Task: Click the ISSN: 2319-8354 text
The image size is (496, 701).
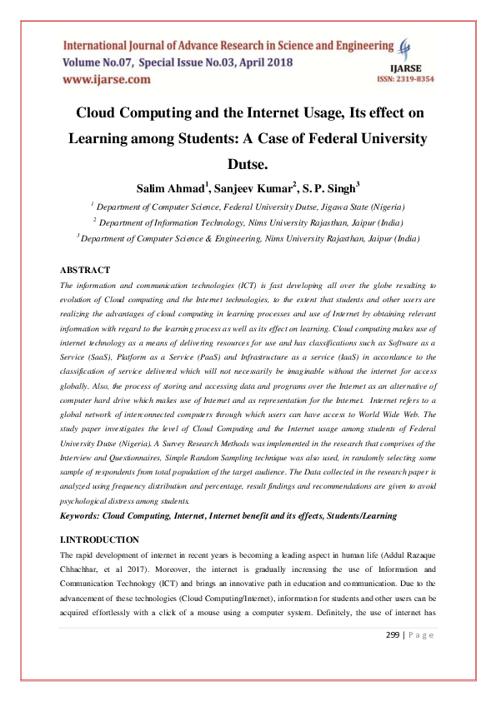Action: click(407, 78)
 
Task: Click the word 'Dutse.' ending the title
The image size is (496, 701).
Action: click(248, 164)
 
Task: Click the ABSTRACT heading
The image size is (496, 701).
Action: click(85, 270)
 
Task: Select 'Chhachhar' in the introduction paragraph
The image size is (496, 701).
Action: click(81, 567)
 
